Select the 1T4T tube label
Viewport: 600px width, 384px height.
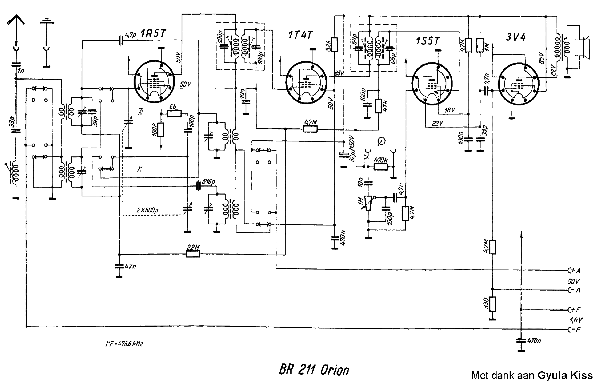click(x=300, y=35)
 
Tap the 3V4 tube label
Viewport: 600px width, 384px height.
click(x=516, y=37)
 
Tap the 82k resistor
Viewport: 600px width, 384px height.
click(x=335, y=45)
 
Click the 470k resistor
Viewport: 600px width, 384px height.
click(x=381, y=167)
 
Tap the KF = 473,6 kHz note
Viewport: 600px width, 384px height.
click(x=124, y=344)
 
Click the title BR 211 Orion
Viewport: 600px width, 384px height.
click(x=314, y=370)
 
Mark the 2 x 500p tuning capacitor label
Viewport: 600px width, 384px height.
click(x=147, y=210)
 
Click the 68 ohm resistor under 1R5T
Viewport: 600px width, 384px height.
click(x=174, y=113)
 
